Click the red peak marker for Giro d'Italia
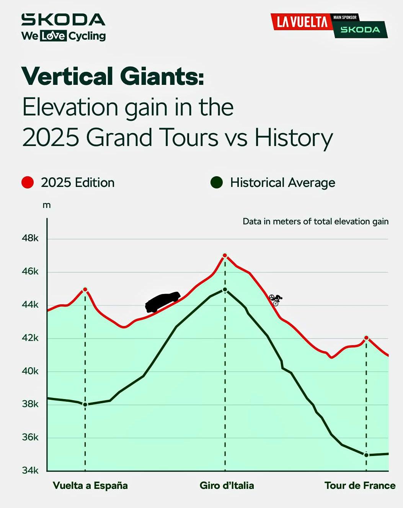click(x=225, y=255)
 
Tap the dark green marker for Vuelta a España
click(x=85, y=404)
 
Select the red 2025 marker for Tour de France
click(x=366, y=338)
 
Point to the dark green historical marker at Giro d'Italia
click(x=225, y=290)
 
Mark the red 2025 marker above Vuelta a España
click(x=85, y=289)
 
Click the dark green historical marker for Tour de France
click(x=366, y=455)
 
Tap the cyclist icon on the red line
click(x=276, y=300)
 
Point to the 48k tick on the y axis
click(x=30, y=238)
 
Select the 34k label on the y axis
click(x=30, y=471)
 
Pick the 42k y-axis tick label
click(x=30, y=338)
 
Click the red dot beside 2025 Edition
click(x=28, y=183)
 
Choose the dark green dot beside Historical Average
click(x=217, y=183)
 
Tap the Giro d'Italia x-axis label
click(x=227, y=485)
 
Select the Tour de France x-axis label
click(x=360, y=485)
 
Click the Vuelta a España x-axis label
click(x=90, y=485)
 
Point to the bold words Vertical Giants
click(x=113, y=76)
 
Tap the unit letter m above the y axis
click(x=47, y=205)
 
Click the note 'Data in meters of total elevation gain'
click(x=315, y=221)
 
